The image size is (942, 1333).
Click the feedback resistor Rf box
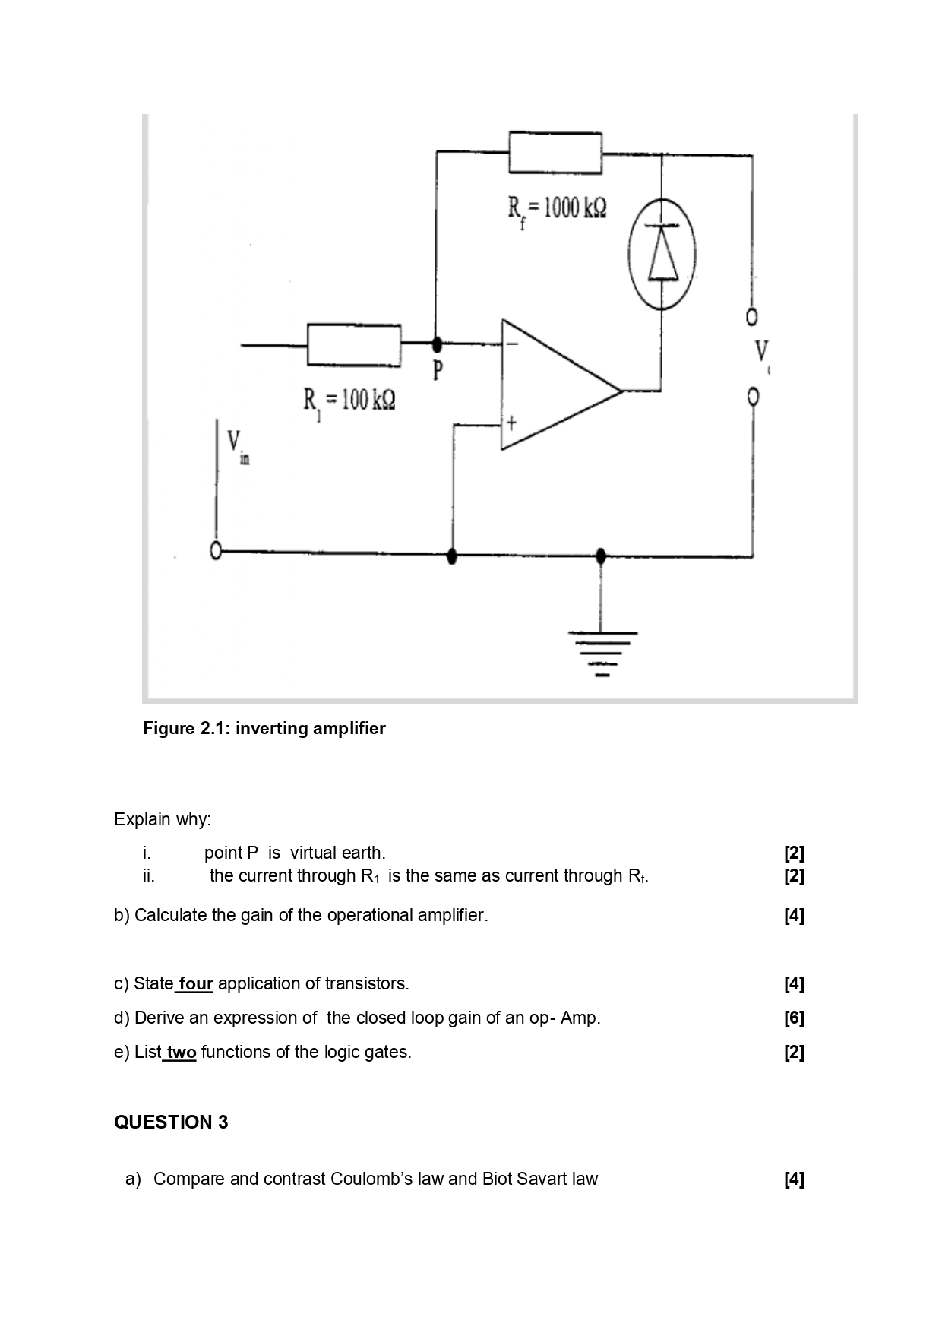coord(555,153)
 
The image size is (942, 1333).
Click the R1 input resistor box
coord(354,345)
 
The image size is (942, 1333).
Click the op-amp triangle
coord(555,385)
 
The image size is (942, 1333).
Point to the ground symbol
coord(602,654)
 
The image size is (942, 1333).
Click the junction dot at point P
coord(437,344)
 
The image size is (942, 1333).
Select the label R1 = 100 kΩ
coord(349,401)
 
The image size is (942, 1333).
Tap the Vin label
coord(237,445)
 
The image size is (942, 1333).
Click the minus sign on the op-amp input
coord(512,344)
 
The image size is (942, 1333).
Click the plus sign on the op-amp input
coord(512,423)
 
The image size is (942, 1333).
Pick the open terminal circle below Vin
coord(217,551)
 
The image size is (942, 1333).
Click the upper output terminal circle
coord(752,315)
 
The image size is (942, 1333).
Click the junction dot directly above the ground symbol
coord(601,556)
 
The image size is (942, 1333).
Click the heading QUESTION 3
coord(171,1122)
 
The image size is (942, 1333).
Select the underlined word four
coord(195,984)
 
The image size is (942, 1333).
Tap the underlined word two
coord(182,1053)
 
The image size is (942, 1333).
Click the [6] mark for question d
coord(794,1018)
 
